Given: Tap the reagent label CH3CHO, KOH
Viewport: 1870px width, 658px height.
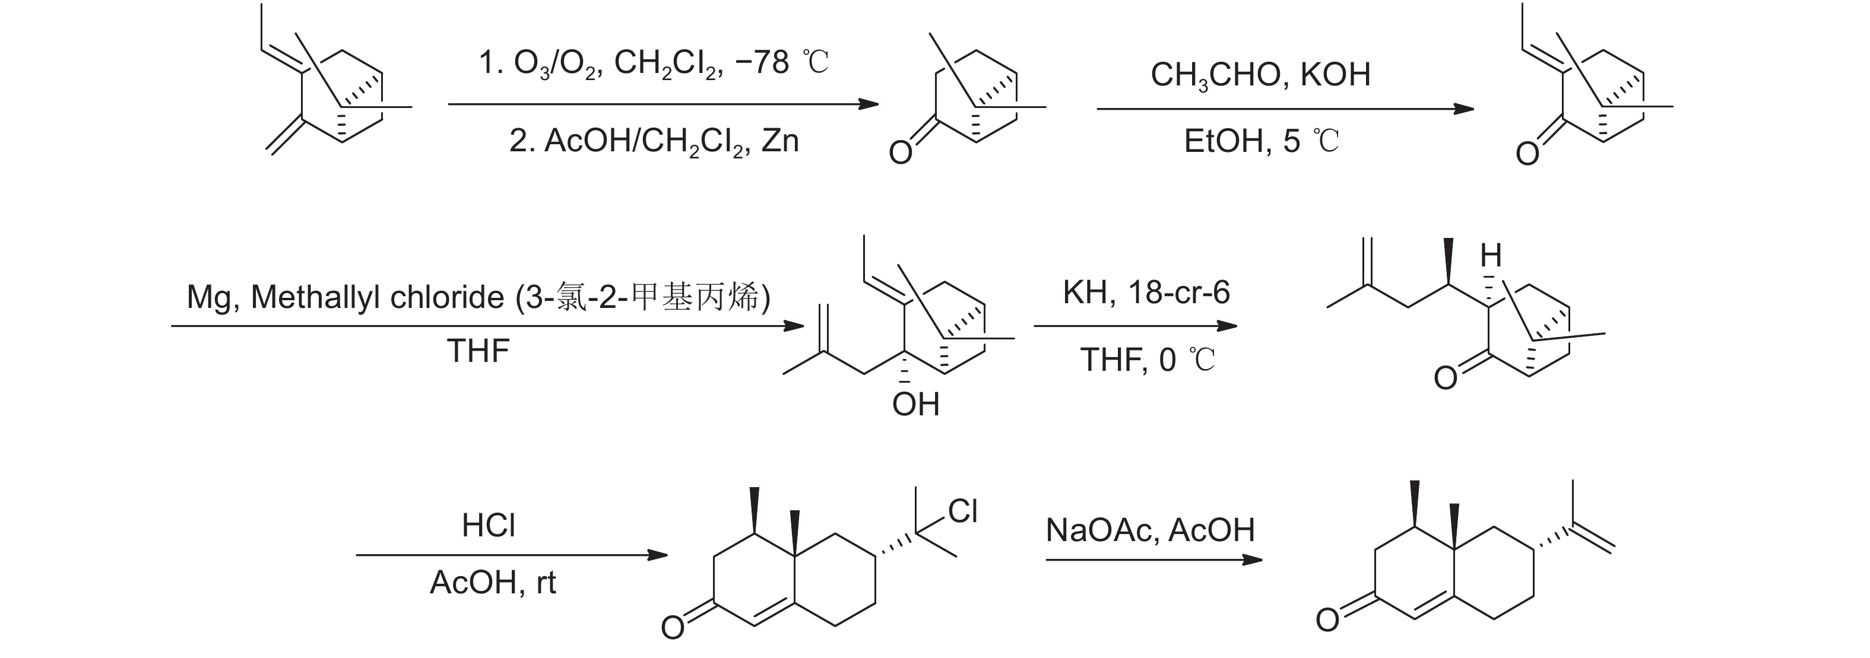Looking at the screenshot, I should (x=1260, y=75).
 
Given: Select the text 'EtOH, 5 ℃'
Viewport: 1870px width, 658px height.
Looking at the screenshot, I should (x=1261, y=141).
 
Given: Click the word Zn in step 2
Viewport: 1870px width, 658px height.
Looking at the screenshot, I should (x=781, y=140).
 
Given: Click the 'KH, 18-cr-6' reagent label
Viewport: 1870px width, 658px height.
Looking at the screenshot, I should (x=1146, y=293).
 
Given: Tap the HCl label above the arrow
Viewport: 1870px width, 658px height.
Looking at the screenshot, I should (x=489, y=525).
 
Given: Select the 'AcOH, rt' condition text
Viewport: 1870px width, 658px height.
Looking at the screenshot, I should (x=492, y=583).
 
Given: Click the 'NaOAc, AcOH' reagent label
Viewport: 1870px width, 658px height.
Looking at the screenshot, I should (x=1150, y=530).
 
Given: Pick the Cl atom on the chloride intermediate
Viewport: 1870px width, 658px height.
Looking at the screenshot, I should (x=962, y=511).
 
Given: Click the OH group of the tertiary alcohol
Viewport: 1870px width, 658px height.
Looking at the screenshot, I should (x=915, y=404).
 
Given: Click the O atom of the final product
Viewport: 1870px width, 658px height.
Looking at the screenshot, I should (x=1328, y=620).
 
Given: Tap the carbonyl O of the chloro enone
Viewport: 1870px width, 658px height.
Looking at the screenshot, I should (x=672, y=627).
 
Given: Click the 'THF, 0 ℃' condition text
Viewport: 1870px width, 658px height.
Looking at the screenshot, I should (x=1147, y=360).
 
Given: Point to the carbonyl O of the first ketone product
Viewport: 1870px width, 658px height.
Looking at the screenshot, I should (x=900, y=153).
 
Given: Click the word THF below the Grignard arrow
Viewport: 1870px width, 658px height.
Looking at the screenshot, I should (x=478, y=351).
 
